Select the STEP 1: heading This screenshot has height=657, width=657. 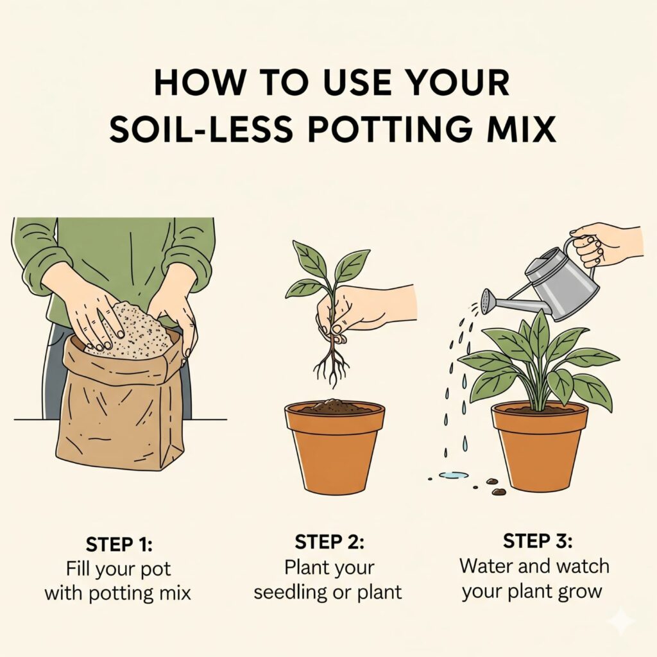(x=119, y=544)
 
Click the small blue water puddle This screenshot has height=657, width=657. (x=454, y=475)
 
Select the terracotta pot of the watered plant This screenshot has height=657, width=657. (x=540, y=448)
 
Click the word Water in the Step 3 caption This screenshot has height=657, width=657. (x=486, y=566)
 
